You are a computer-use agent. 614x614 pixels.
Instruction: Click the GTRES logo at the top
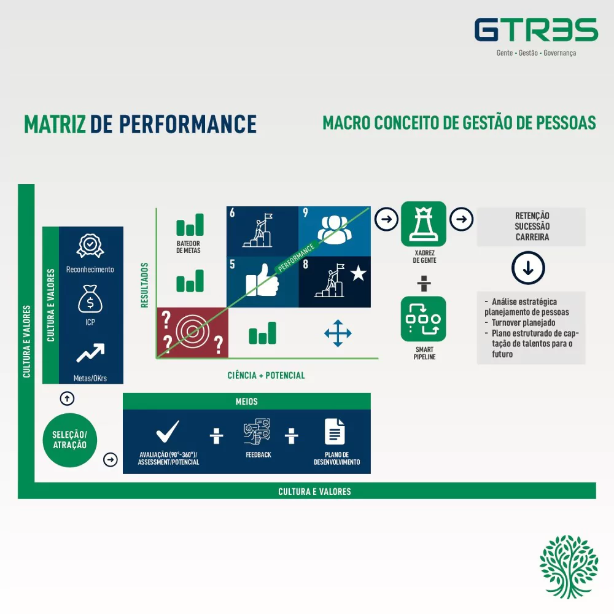point(536,29)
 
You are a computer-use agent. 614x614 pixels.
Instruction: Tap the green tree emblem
point(569,567)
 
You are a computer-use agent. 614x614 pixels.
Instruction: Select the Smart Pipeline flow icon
point(423,319)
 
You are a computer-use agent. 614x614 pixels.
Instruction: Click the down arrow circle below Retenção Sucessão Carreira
point(528,268)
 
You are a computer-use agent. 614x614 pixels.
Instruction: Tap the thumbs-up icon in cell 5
point(262,281)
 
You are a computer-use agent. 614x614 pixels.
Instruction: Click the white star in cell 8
point(359,273)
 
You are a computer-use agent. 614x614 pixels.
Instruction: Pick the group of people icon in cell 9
point(335,230)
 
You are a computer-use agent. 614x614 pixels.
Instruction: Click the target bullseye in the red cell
point(192,332)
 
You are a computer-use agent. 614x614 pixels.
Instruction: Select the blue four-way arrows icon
point(338,333)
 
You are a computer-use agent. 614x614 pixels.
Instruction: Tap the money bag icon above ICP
point(90,299)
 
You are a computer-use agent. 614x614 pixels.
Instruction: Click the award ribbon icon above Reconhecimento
point(90,246)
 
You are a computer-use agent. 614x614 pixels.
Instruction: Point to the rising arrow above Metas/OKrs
point(90,353)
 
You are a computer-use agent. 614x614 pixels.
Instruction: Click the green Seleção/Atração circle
point(70,440)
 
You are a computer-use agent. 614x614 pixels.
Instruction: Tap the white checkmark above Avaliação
point(168,431)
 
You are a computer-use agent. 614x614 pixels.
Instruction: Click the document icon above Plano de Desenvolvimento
point(335,432)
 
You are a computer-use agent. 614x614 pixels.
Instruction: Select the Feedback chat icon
point(257,432)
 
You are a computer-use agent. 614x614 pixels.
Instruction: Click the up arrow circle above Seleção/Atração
point(67,398)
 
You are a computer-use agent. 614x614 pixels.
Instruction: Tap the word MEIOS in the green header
point(247,402)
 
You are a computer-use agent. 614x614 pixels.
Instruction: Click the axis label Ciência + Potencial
point(266,376)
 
